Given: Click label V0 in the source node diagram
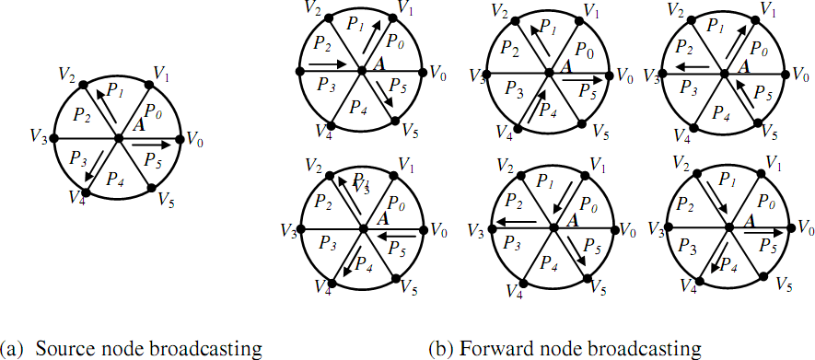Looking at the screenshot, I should (x=195, y=138).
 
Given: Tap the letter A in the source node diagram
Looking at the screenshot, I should (x=137, y=124).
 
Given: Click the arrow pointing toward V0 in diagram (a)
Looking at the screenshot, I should (x=153, y=145).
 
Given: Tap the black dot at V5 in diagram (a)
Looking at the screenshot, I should (x=151, y=192).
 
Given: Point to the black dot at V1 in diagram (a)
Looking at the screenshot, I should (x=151, y=85).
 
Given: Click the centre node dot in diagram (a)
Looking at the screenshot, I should (x=118, y=138).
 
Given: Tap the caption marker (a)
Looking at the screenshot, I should (x=13, y=349).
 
